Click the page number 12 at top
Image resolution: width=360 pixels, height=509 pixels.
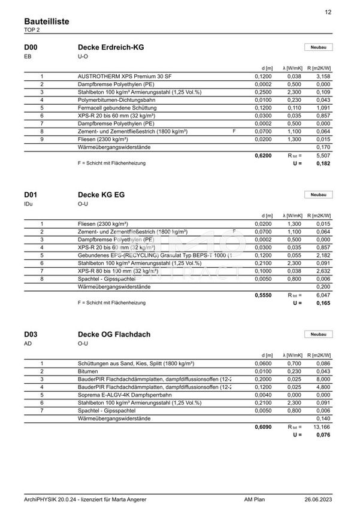pyautogui.click(x=328, y=12)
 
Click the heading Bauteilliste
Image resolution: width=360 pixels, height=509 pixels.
pyautogui.click(x=46, y=21)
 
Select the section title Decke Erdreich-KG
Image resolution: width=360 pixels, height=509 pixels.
pyautogui.click(x=111, y=47)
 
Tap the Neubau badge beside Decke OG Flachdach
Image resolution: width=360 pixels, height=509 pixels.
pyautogui.click(x=319, y=334)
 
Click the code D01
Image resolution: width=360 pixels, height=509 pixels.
pyautogui.click(x=31, y=195)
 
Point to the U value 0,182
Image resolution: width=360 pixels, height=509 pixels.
pyautogui.click(x=323, y=163)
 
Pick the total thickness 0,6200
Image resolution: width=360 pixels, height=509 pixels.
pyautogui.click(x=263, y=155)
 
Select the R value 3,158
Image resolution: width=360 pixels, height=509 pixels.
pyautogui.click(x=323, y=77)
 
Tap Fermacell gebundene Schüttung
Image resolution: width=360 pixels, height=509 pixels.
pyautogui.click(x=118, y=108)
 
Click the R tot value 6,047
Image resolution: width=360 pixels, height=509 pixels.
pyautogui.click(x=323, y=295)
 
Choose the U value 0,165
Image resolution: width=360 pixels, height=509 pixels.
pyautogui.click(x=323, y=303)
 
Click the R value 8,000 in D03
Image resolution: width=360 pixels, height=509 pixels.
pyautogui.click(x=323, y=379)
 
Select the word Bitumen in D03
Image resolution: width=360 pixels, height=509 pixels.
pyautogui.click(x=88, y=371)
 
